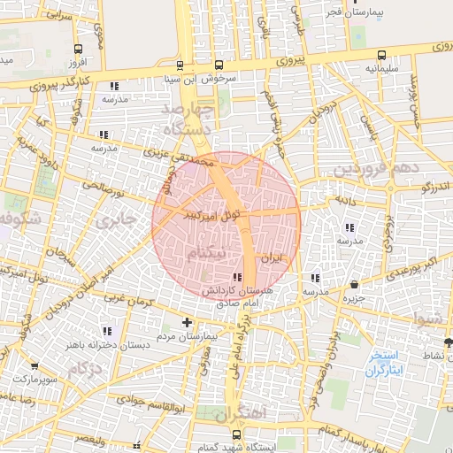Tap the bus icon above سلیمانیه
click(x=381, y=54)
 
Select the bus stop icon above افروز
click(x=80, y=50)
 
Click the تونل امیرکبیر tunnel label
click(x=209, y=213)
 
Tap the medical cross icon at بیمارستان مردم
click(x=186, y=323)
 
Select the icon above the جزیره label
click(x=355, y=285)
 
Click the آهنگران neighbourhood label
click(x=239, y=412)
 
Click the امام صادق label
click(x=234, y=303)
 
